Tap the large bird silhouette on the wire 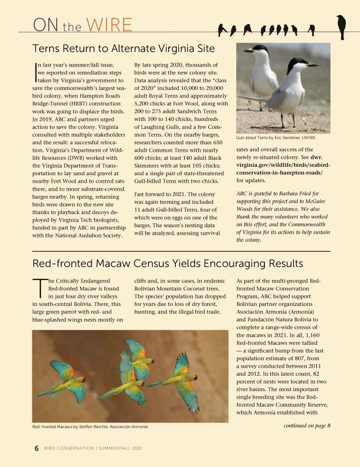341,26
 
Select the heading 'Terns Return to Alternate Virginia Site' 124,48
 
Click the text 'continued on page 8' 307,425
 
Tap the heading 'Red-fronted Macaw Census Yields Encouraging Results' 168,263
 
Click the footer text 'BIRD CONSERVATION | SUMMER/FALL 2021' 93,449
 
